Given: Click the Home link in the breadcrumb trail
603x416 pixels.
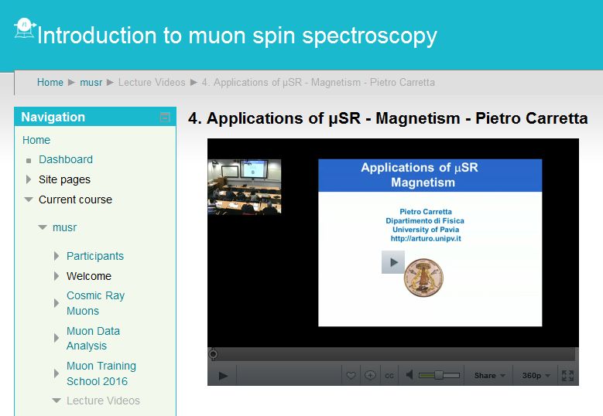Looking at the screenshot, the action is tap(50, 82).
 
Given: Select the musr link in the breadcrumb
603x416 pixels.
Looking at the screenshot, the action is tap(91, 82).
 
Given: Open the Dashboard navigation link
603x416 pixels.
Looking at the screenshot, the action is tap(66, 159).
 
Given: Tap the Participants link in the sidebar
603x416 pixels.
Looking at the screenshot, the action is tap(95, 256).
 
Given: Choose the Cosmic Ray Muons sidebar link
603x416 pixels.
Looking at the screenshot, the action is tap(95, 303).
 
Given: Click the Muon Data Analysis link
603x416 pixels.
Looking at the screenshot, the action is tap(93, 338).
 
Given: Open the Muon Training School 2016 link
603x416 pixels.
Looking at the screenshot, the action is tap(101, 373).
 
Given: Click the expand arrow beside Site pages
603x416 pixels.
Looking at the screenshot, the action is tap(28, 179).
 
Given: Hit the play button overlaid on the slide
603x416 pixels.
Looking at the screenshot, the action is tap(393, 262).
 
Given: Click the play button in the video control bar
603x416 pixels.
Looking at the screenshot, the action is tap(223, 375).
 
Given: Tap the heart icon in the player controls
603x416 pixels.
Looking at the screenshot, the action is tap(351, 375).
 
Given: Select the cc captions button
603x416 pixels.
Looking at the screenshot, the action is tap(389, 376).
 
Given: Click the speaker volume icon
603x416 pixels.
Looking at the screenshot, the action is tap(409, 375).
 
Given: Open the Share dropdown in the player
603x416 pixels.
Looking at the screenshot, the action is tap(489, 375).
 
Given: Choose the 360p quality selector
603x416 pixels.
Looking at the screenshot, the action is tap(536, 375).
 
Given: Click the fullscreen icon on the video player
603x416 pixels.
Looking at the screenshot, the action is tap(567, 375).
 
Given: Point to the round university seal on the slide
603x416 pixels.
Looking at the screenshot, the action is tap(423, 278).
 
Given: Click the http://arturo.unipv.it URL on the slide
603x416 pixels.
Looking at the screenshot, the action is tap(426, 238).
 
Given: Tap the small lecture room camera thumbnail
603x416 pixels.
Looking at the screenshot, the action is tap(245, 186).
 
